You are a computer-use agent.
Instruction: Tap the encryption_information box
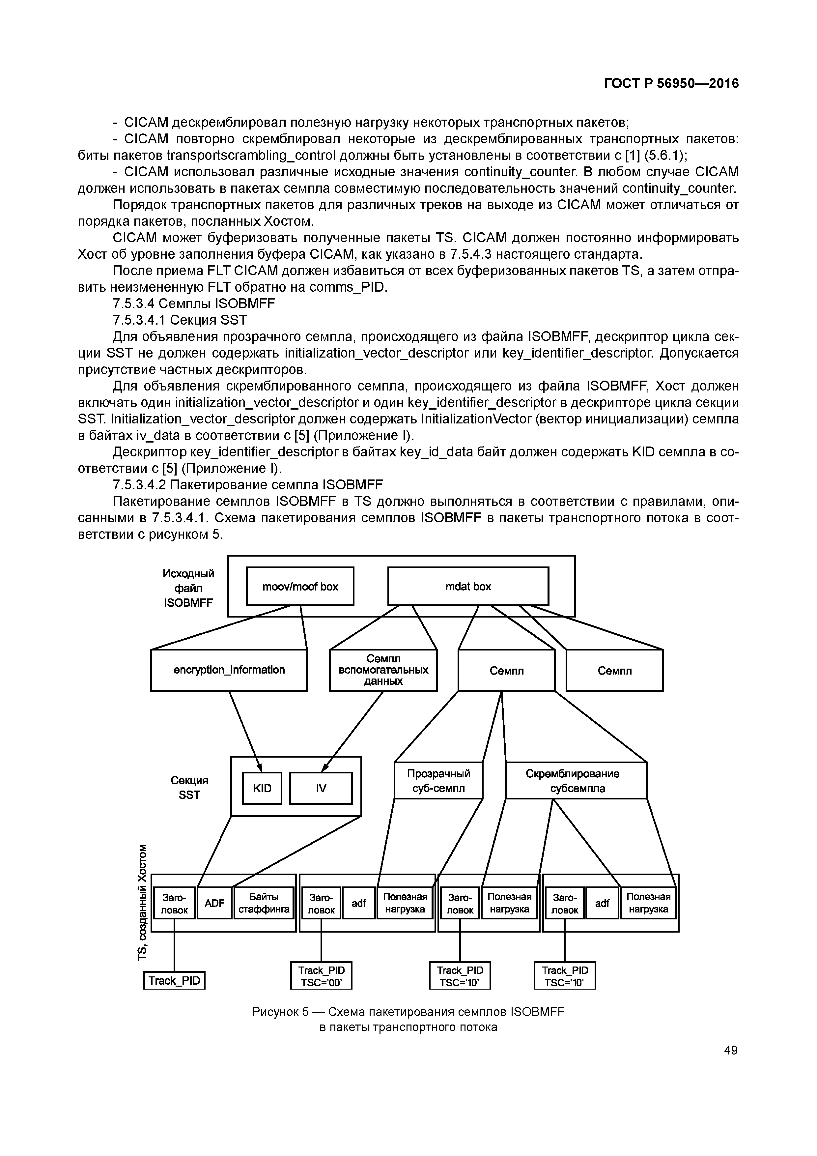tap(229, 670)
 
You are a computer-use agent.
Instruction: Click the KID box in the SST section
tap(262, 788)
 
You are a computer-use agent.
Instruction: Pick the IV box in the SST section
tap(321, 788)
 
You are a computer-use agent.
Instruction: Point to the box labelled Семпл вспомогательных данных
tap(383, 670)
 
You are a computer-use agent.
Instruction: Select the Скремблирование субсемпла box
tap(576, 780)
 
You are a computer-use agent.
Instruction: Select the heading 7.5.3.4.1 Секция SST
tap(180, 320)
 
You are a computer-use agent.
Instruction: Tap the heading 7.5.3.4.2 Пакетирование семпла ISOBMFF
tap(248, 485)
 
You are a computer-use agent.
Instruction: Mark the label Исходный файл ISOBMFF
tap(188, 588)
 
